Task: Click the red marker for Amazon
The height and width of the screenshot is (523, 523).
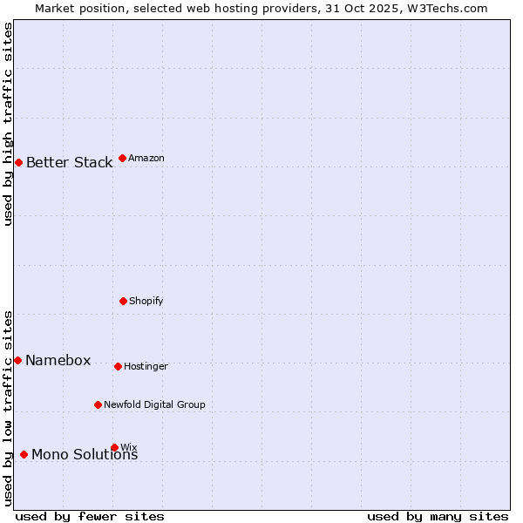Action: pyautogui.click(x=122, y=158)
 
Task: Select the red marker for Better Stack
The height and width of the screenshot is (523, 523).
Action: pyautogui.click(x=18, y=162)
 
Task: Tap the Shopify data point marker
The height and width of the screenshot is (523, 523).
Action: pyautogui.click(x=123, y=301)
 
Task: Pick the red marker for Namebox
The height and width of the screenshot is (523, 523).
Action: pyautogui.click(x=17, y=360)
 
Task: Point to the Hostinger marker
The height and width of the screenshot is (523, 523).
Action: pyautogui.click(x=118, y=366)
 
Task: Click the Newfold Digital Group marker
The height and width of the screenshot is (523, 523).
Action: pyautogui.click(x=98, y=404)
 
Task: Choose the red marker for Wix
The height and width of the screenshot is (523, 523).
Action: pyautogui.click(x=114, y=447)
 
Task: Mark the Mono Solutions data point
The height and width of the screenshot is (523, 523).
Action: pyautogui.click(x=24, y=454)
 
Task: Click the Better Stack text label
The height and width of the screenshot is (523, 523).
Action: pyautogui.click(x=69, y=162)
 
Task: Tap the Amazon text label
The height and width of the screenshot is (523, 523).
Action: pyautogui.click(x=146, y=158)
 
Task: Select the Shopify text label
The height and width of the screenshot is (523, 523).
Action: pyautogui.click(x=146, y=301)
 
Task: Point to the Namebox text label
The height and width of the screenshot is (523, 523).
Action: pyautogui.click(x=58, y=360)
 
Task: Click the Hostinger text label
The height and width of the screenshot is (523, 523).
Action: pyautogui.click(x=146, y=366)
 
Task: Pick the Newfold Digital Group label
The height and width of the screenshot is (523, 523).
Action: pyautogui.click(x=154, y=404)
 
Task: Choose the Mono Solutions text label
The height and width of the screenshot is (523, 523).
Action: pyautogui.click(x=85, y=454)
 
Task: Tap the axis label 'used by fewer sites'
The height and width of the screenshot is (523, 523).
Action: pyautogui.click(x=90, y=516)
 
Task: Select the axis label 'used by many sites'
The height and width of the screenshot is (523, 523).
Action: pyautogui.click(x=438, y=516)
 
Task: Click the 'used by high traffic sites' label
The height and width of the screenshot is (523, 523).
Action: pyautogui.click(x=8, y=124)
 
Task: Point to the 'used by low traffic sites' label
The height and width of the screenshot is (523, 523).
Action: pyautogui.click(x=8, y=408)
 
